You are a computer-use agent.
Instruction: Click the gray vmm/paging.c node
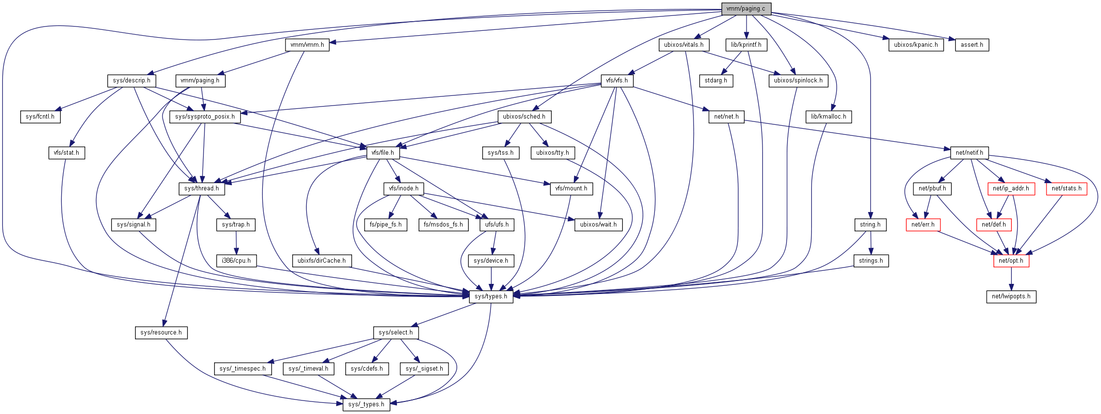(x=746, y=9)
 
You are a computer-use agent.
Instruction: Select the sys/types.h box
(x=491, y=296)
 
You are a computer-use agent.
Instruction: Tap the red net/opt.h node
(x=1011, y=261)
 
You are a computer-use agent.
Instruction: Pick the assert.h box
(x=972, y=45)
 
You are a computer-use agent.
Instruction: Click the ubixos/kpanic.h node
(x=916, y=45)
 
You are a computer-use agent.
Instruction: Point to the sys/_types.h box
(x=366, y=404)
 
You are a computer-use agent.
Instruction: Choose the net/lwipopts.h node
(x=1011, y=296)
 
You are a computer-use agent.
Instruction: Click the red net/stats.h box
(x=1066, y=188)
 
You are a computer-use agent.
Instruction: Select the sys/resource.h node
(x=161, y=333)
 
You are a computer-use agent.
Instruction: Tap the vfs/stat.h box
(x=67, y=153)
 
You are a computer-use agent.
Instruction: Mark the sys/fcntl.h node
(x=40, y=117)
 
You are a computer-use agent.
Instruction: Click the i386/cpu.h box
(x=236, y=261)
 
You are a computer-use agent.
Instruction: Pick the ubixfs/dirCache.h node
(x=322, y=261)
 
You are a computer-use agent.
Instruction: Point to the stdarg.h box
(x=716, y=80)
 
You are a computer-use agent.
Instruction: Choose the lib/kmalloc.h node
(x=829, y=117)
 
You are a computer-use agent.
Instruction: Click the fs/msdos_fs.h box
(x=443, y=225)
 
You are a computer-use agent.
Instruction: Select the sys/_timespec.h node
(x=243, y=369)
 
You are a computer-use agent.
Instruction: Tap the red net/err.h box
(x=923, y=225)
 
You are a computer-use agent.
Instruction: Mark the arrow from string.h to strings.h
(x=871, y=243)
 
